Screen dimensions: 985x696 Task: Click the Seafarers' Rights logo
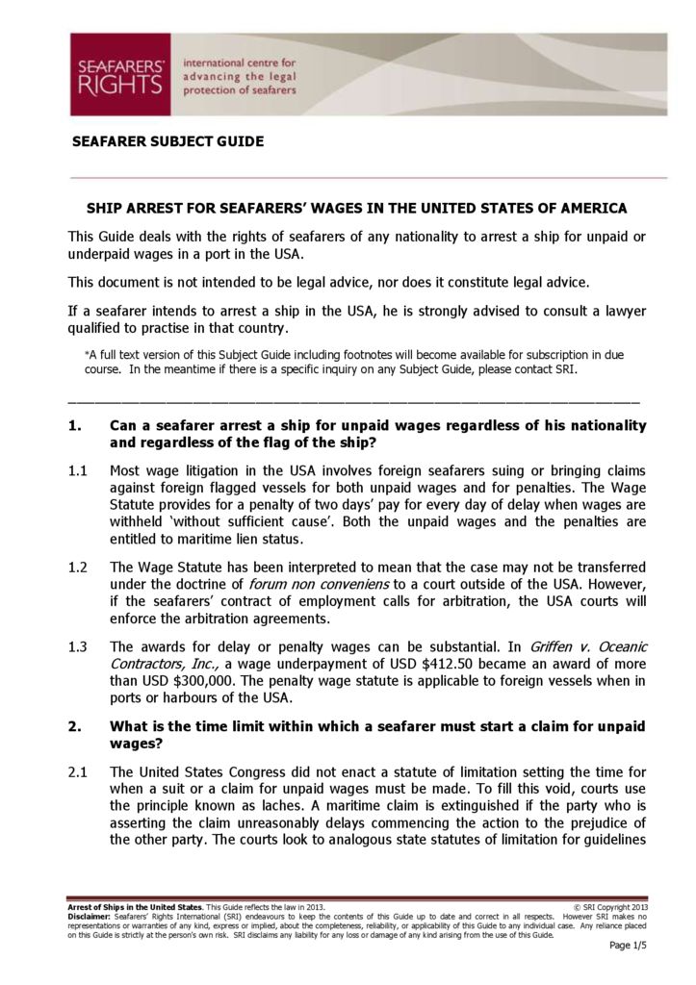[x=119, y=74]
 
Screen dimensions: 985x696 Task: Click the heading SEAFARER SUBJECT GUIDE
[x=168, y=141]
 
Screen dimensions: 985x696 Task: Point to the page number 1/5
[x=629, y=946]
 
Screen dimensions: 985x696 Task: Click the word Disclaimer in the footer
[x=90, y=917]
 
